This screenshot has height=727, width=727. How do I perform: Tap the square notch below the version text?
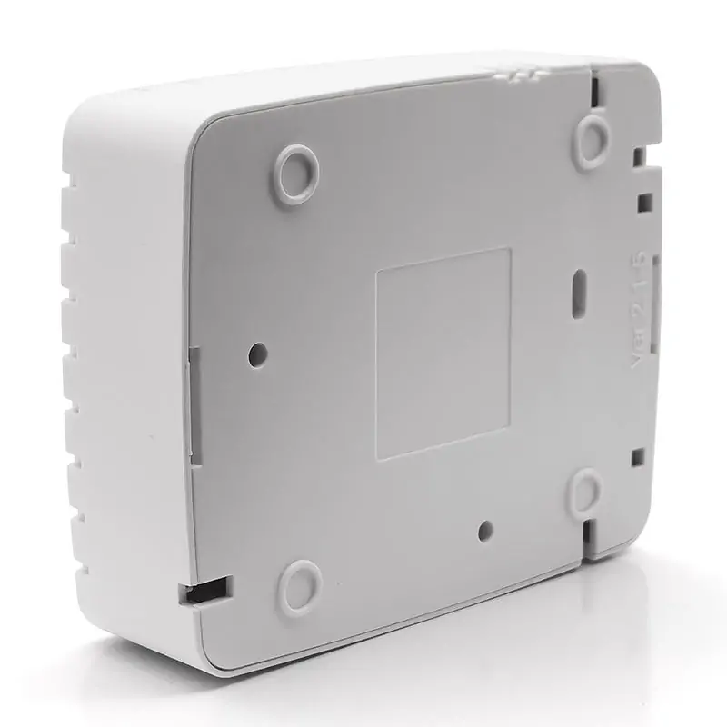[x=638, y=457]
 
